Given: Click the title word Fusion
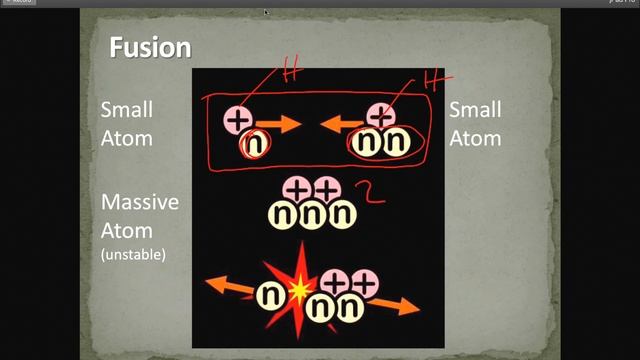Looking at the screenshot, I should (149, 46).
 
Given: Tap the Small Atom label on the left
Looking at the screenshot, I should (126, 124).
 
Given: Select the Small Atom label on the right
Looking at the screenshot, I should (474, 124).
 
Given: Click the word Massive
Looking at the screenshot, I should (139, 202).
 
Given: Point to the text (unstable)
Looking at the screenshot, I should (133, 255).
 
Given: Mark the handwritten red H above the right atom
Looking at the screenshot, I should (433, 78).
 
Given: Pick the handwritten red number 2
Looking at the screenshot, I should (373, 192).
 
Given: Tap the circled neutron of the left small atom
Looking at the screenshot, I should (253, 144).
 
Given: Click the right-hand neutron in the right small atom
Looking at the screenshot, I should (396, 144).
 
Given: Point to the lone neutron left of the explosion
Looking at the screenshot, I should (269, 294).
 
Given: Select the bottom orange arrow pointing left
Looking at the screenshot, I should (228, 287).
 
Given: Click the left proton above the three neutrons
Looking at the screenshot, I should (298, 187).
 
